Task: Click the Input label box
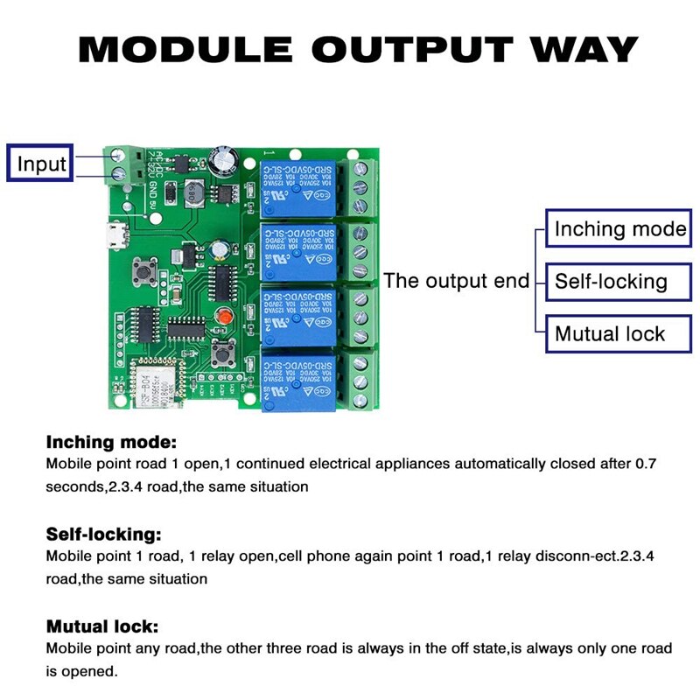pyautogui.click(x=41, y=164)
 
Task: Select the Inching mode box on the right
pyautogui.click(x=619, y=229)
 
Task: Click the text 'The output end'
pyautogui.click(x=456, y=281)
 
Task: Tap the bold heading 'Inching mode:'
pyautogui.click(x=111, y=442)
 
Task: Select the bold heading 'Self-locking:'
pyautogui.click(x=103, y=534)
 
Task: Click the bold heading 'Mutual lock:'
pyautogui.click(x=102, y=626)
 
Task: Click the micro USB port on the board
pyautogui.click(x=111, y=234)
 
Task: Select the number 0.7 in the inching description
pyautogui.click(x=645, y=464)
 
